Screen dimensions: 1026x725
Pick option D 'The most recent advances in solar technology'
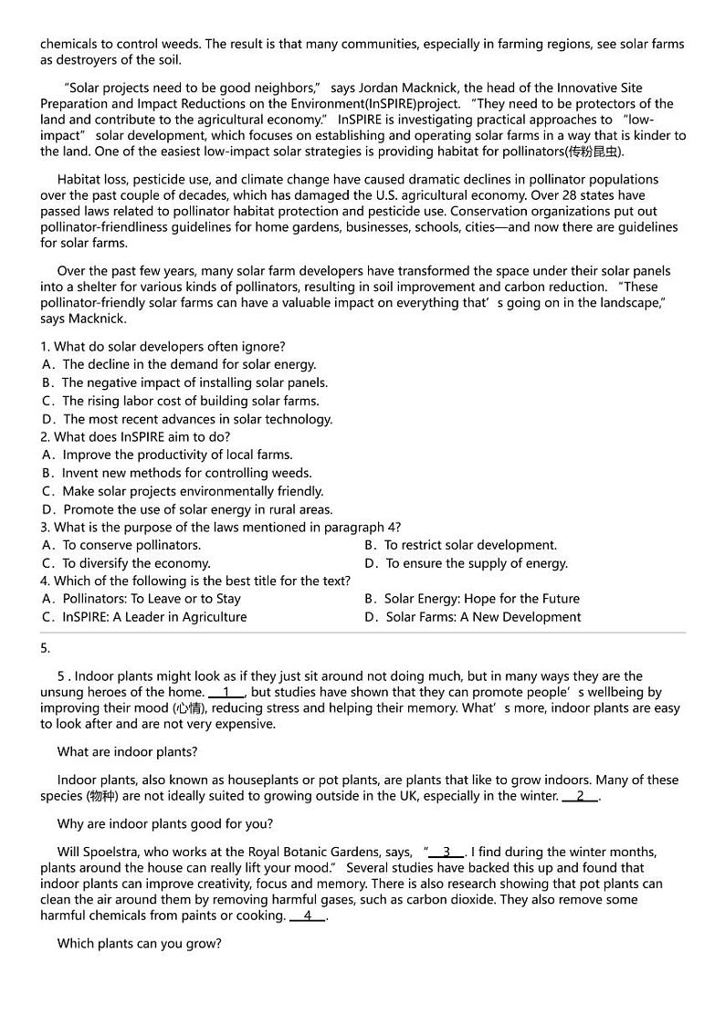(187, 419)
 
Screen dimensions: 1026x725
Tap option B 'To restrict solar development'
(460, 545)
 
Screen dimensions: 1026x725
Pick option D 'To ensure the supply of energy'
(466, 563)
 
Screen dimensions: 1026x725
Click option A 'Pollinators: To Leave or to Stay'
(142, 599)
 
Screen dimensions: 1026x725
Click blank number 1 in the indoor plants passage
(226, 692)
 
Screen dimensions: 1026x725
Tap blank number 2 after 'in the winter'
(580, 796)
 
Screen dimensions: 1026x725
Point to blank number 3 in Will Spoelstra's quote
(447, 852)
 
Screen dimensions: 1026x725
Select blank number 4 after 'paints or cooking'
(308, 916)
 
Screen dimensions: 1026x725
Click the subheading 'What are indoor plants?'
(127, 752)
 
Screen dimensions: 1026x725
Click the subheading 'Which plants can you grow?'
(139, 943)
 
